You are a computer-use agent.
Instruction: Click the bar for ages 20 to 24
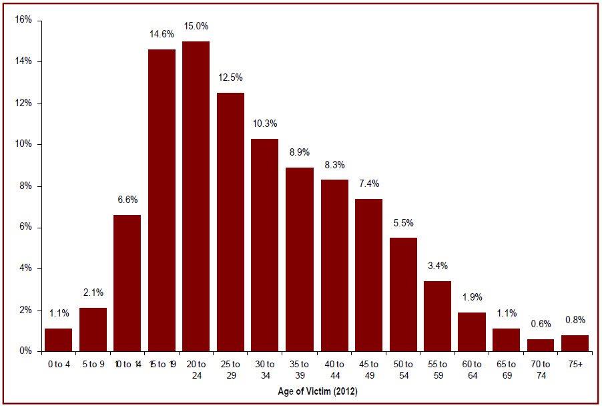(196, 196)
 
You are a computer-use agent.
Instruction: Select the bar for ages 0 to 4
(58, 340)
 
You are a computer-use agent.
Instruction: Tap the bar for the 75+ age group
(575, 343)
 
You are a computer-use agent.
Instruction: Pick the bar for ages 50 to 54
(402, 294)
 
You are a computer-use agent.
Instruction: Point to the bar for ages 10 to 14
(127, 283)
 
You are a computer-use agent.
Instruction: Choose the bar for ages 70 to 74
(540, 345)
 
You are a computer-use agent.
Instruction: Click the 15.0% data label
(196, 27)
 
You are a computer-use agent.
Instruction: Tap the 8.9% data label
(300, 152)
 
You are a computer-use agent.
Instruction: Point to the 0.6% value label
(540, 325)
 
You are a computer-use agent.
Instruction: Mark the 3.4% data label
(437, 266)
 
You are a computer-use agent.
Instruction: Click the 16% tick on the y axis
(23, 20)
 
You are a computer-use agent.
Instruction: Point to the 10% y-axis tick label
(23, 144)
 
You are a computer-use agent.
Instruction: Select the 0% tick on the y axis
(26, 351)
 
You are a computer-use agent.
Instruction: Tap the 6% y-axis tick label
(26, 227)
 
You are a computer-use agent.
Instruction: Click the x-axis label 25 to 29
(230, 369)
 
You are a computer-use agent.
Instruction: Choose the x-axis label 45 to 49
(368, 369)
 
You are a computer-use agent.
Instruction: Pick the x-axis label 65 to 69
(506, 369)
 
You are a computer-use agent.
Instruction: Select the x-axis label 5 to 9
(93, 365)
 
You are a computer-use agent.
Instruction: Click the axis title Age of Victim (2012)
(316, 392)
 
